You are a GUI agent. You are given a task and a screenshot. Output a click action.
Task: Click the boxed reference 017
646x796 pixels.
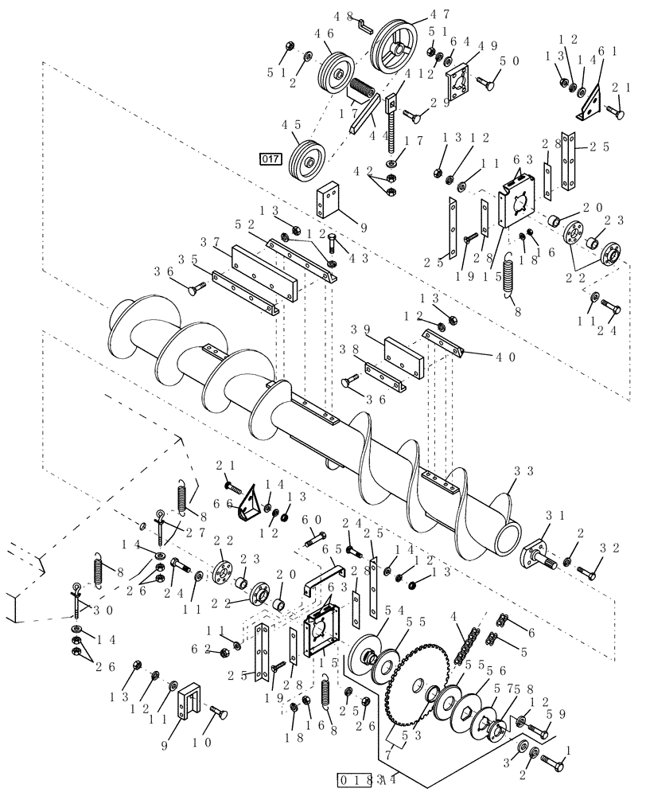[270, 158]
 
